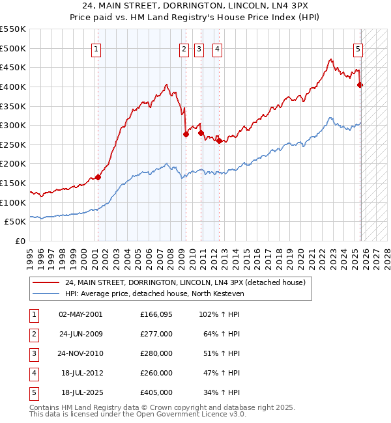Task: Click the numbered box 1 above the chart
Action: tap(96, 48)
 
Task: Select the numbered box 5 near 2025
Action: tap(358, 48)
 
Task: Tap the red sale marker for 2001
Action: tap(98, 177)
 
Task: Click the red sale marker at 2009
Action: tap(186, 134)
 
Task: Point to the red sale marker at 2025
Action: tap(360, 85)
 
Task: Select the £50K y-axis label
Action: tap(16, 222)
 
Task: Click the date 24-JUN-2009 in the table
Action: tap(81, 334)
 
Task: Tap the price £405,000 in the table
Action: tap(156, 393)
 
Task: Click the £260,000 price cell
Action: tap(156, 374)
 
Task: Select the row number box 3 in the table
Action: tap(33, 354)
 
